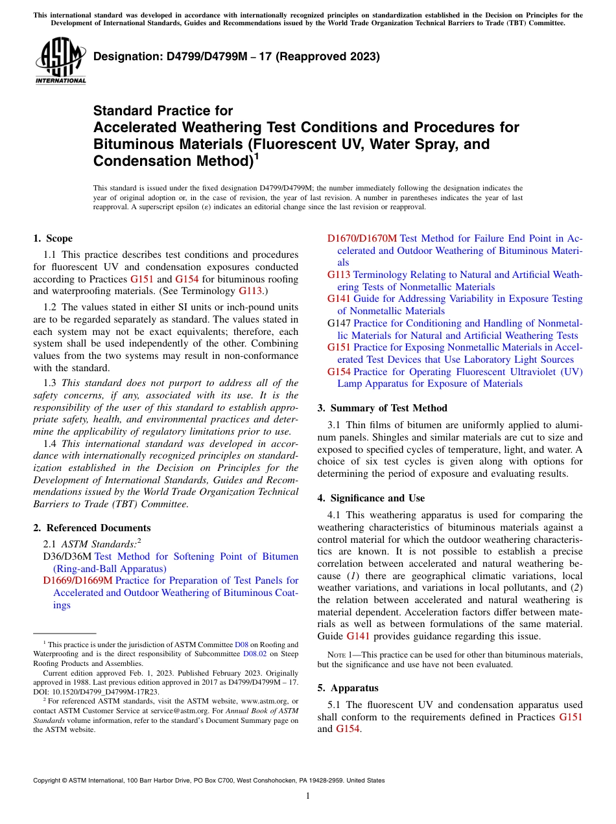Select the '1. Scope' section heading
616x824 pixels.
click(53, 238)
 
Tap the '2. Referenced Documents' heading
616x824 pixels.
click(91, 528)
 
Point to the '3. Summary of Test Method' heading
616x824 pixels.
click(383, 408)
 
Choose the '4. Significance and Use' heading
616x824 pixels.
click(372, 498)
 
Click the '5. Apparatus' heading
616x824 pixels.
click(348, 688)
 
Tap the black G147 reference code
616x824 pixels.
click(339, 323)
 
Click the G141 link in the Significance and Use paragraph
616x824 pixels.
click(359, 636)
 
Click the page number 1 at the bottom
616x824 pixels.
click(308, 796)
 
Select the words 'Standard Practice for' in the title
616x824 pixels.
click(163, 111)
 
